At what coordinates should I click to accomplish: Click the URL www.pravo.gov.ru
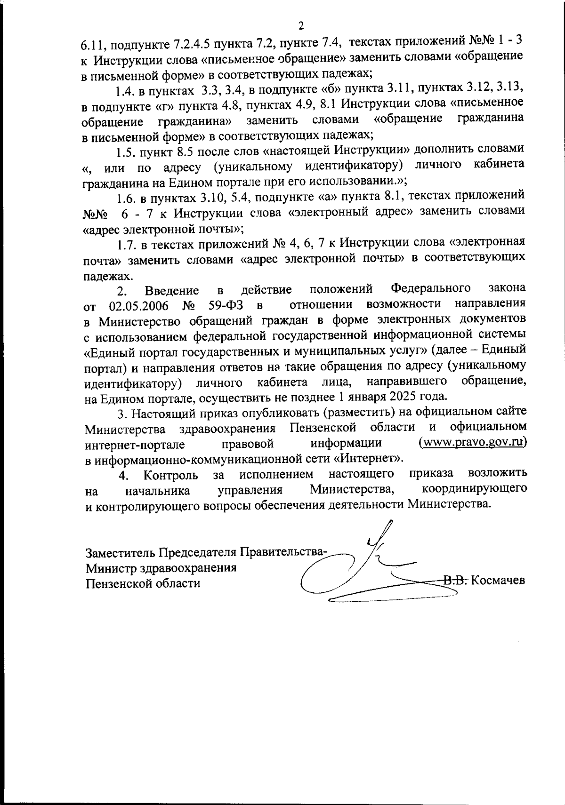point(472,442)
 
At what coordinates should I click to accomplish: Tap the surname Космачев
point(498,580)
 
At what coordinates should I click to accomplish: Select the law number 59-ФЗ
point(225,306)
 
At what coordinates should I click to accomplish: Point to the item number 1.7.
point(126,244)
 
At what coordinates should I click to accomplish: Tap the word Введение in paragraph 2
point(171,291)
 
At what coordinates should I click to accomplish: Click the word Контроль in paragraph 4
point(171,475)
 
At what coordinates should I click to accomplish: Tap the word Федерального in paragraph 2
point(431,288)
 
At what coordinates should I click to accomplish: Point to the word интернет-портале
point(135,444)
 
